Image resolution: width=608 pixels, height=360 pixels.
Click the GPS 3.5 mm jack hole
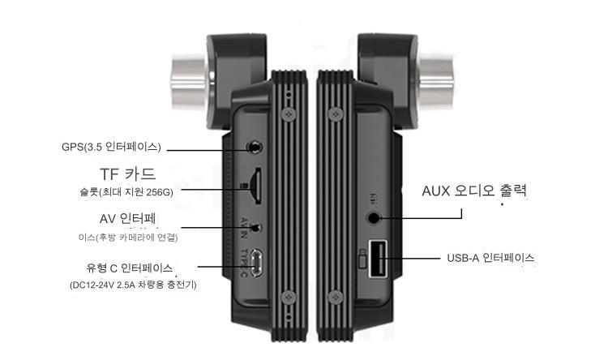pyautogui.click(x=255, y=148)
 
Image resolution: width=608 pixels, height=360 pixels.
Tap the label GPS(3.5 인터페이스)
pyautogui.click(x=112, y=147)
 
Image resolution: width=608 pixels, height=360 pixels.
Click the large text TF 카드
pyautogui.click(x=126, y=174)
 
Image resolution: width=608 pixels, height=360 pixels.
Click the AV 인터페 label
pyautogui.click(x=127, y=219)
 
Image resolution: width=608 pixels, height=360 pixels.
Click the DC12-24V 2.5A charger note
pyautogui.click(x=133, y=285)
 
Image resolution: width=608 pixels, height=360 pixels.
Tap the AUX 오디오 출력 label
pyautogui.click(x=475, y=192)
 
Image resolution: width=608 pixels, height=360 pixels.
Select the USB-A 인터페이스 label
pyautogui.click(x=490, y=259)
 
